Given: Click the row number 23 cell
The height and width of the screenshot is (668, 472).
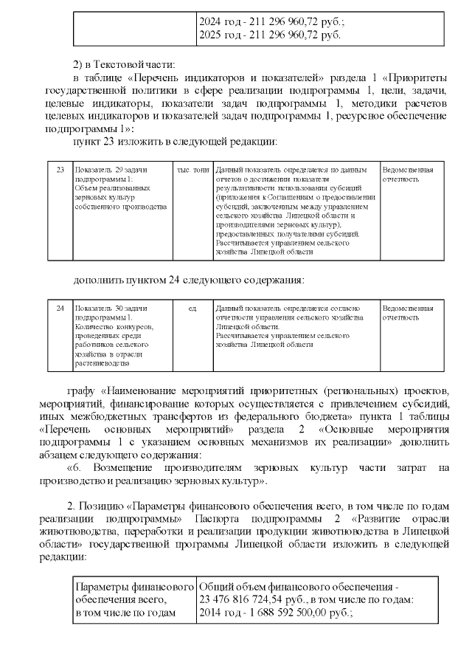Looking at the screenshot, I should (x=60, y=171).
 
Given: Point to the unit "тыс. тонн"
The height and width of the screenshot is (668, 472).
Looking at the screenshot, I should (x=192, y=171).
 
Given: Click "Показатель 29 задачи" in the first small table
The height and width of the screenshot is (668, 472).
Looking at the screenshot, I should (x=111, y=171).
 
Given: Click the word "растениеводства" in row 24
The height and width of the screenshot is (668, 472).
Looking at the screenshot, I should (x=101, y=362).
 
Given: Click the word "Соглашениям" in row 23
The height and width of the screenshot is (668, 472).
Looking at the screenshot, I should (x=294, y=197).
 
